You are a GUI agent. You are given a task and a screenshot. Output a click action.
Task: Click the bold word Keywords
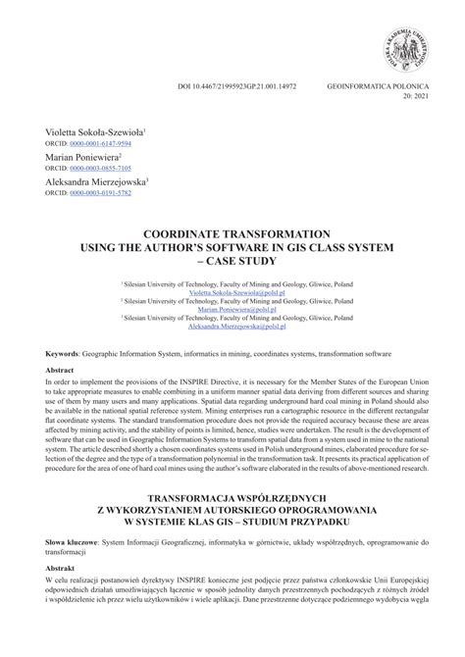coord(61,353)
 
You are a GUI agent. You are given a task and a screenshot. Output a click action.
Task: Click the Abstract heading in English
coord(60,371)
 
